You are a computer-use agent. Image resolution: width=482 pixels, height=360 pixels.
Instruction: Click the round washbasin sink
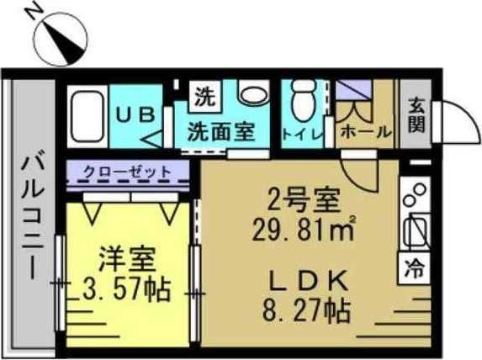click(x=251, y=95)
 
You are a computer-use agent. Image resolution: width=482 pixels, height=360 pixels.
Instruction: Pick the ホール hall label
click(x=364, y=131)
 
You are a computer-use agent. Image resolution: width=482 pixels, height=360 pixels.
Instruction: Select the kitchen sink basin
click(x=415, y=227)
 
